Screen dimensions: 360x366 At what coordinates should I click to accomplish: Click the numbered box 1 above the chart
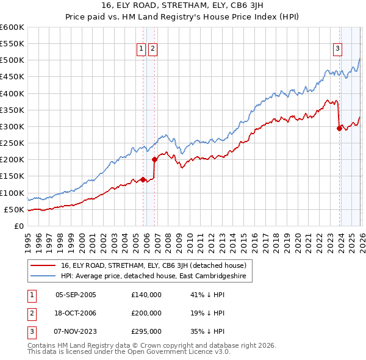click(x=141, y=49)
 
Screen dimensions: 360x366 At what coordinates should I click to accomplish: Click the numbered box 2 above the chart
click(x=152, y=49)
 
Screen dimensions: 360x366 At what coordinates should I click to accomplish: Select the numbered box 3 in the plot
click(x=337, y=49)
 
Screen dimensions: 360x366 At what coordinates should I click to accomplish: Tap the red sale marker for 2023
click(x=339, y=128)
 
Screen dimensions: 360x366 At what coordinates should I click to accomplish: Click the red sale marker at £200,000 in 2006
click(x=154, y=159)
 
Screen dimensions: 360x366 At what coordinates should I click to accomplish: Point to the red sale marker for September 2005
click(x=143, y=179)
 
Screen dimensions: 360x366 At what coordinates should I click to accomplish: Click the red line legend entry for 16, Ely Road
click(x=153, y=265)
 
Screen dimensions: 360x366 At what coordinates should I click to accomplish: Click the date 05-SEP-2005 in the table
click(x=76, y=295)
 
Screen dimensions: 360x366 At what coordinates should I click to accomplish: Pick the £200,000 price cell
click(x=146, y=313)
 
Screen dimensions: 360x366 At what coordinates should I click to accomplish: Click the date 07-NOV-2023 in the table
click(x=76, y=331)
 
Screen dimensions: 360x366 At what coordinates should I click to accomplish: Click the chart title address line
click(x=182, y=7)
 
